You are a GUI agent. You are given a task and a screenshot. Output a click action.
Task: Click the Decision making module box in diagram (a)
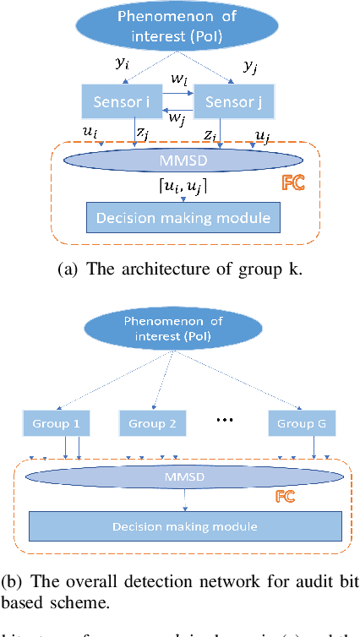(183, 217)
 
